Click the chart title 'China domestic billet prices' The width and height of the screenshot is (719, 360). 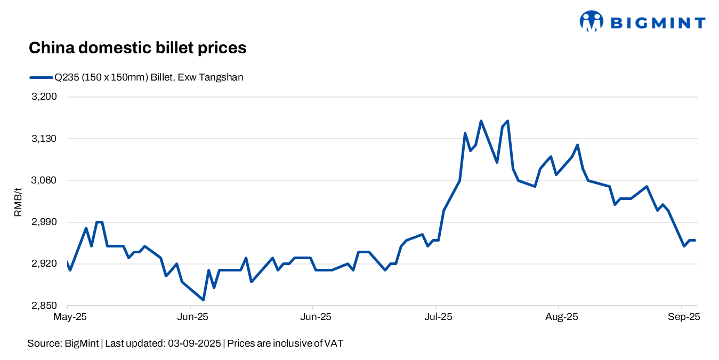click(x=137, y=48)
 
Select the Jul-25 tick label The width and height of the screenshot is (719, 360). click(x=439, y=317)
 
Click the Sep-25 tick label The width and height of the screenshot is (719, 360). click(x=684, y=317)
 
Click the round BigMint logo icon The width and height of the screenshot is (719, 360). click(x=591, y=21)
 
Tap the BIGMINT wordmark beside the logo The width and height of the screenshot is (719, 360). click(x=658, y=22)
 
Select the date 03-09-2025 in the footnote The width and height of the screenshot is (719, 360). click(x=193, y=343)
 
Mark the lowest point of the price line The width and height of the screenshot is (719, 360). click(x=203, y=300)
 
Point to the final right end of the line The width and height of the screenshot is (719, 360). click(x=694, y=240)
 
